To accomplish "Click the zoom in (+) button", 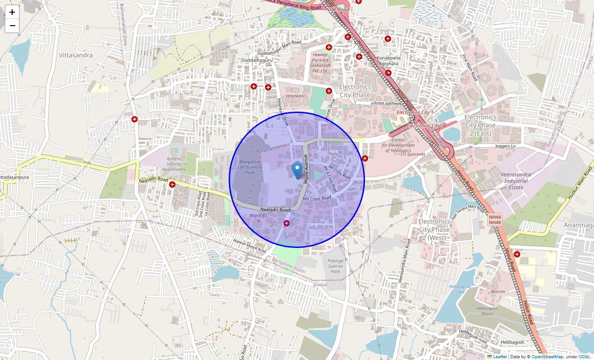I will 12,12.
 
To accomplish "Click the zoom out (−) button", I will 12,26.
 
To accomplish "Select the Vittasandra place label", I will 76,55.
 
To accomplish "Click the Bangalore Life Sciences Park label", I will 250,167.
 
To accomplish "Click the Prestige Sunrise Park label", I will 335,266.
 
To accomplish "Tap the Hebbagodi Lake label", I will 457,289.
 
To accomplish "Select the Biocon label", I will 498,292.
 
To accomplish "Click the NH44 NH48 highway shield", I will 495,220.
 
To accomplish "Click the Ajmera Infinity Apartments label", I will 173,164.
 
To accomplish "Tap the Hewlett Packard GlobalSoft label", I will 320,63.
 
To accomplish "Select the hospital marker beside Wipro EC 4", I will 287,223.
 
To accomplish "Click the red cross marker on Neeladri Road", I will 172,184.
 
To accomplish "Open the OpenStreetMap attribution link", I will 547,357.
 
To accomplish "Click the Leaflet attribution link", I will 499,357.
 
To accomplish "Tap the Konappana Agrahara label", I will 388,61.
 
